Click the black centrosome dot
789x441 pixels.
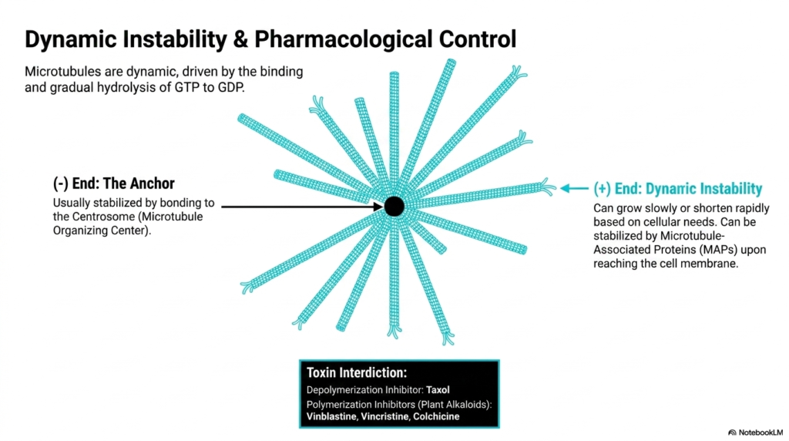pos(394,207)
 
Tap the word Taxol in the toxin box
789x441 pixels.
pos(438,389)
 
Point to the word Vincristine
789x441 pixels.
pos(385,416)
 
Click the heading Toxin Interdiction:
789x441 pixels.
pos(356,373)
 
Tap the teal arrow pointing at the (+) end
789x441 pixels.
pos(574,189)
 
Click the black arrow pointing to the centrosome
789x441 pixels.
pos(302,207)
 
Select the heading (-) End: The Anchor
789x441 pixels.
pos(114,183)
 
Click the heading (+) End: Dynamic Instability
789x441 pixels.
pos(678,189)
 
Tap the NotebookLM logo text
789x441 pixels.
pos(760,433)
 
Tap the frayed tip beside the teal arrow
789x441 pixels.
pos(548,187)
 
